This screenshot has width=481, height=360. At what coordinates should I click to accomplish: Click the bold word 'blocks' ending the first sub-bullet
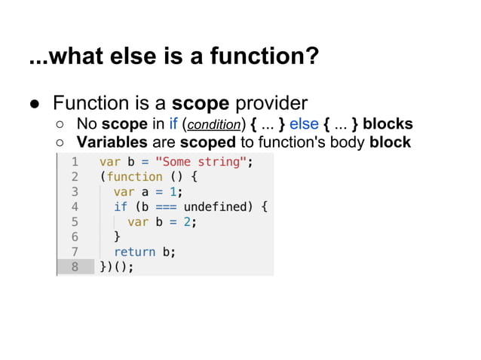coord(388,124)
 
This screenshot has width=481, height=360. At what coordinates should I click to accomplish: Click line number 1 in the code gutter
coord(75,162)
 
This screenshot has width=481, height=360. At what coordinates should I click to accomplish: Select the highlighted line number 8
coord(75,267)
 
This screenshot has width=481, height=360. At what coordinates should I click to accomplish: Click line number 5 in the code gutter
coord(75,221)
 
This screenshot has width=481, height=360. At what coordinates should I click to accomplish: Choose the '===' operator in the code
coord(166,206)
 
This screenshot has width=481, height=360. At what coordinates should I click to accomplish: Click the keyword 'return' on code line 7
coord(134,252)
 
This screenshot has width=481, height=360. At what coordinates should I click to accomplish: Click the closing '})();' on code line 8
coord(117,267)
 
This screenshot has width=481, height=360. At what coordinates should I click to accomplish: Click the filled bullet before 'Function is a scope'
coord(35,104)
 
